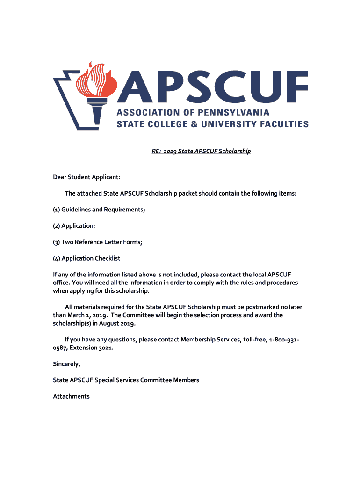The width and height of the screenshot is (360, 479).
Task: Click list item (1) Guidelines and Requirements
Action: [x=99, y=210]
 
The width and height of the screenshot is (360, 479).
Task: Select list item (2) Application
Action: [x=74, y=226]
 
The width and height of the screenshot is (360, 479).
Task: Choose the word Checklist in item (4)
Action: [x=108, y=258]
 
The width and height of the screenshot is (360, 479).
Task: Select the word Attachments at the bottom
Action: [x=71, y=396]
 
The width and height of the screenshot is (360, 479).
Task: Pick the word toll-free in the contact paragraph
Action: [x=251, y=340]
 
